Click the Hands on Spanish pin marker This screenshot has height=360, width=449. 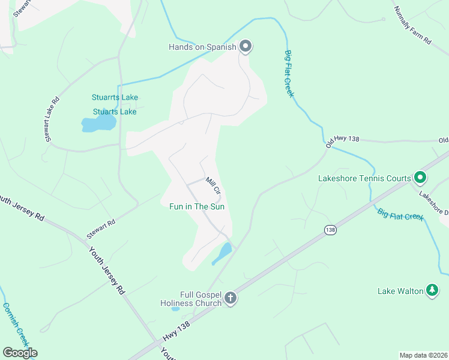coord(245,46)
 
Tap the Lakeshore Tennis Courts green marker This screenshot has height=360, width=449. coord(420,178)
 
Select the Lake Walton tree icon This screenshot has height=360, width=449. coord(432,291)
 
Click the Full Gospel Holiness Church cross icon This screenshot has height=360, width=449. coord(230,298)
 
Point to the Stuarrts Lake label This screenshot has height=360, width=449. coord(115,97)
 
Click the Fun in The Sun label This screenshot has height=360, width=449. coord(197,206)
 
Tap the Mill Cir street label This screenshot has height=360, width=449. coord(214,185)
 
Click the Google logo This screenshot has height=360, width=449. coord(20,353)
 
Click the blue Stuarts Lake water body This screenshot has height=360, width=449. coord(98,124)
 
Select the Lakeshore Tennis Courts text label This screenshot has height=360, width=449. coord(364,178)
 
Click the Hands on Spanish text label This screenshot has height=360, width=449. coord(202,47)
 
